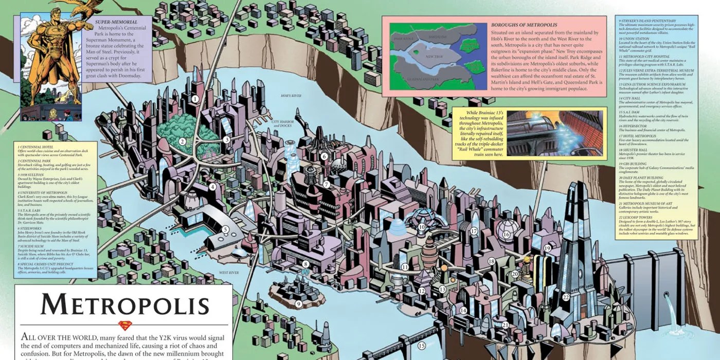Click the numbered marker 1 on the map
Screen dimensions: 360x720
(x=195, y=98)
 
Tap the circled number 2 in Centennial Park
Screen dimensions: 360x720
(x=182, y=141)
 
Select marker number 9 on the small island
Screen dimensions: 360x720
(x=298, y=304)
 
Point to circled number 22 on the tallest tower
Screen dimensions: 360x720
(x=566, y=297)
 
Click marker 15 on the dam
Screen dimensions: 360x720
(x=422, y=346)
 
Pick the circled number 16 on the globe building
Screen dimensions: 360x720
(x=506, y=235)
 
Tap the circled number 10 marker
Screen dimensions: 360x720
(x=422, y=227)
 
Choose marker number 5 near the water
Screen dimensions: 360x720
(x=225, y=230)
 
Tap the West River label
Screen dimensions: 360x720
(x=229, y=273)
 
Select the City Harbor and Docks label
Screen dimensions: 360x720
(x=282, y=124)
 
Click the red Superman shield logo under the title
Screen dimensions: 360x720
(x=125, y=325)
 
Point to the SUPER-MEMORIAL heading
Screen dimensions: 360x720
(x=116, y=22)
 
